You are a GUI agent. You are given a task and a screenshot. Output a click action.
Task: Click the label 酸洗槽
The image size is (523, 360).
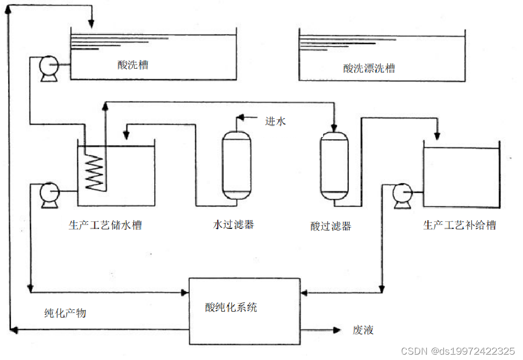[133, 64]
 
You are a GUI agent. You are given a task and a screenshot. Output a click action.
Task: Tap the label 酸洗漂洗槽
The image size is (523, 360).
[369, 68]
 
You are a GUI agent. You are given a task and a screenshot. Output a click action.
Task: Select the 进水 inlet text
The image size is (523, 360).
[275, 121]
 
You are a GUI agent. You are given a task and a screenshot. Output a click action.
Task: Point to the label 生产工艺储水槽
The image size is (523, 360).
[105, 225]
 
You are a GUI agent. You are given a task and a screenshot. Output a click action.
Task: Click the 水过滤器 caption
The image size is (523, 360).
[233, 225]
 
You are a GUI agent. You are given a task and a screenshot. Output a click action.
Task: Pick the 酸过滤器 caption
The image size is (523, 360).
[331, 226]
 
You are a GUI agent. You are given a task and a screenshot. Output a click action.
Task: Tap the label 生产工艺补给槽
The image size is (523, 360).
[460, 225]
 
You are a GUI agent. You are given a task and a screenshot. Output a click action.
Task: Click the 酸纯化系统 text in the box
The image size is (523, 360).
[231, 307]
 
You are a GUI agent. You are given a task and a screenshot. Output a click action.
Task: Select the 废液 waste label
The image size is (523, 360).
[363, 330]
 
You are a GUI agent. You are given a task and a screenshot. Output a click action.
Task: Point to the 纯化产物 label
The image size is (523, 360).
[66, 313]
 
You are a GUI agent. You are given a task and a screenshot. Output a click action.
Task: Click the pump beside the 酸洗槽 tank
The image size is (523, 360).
[49, 68]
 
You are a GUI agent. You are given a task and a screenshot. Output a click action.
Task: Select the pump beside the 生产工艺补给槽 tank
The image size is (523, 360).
[402, 196]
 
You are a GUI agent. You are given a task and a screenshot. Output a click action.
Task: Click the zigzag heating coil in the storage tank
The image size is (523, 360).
[95, 172]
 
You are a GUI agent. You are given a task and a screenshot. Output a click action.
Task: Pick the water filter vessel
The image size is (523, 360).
[237, 165]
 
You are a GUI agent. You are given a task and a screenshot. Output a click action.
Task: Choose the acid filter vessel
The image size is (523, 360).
[334, 166]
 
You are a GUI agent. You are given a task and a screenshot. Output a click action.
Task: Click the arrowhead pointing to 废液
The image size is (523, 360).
[337, 330]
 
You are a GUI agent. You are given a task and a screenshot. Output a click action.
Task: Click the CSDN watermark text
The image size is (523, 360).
[458, 351]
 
